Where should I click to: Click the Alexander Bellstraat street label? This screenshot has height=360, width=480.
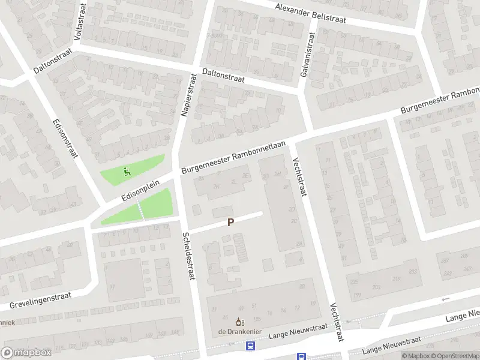(x=311, y=14)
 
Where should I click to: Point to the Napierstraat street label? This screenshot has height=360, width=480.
(x=188, y=95)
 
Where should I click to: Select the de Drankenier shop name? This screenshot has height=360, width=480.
(x=239, y=332)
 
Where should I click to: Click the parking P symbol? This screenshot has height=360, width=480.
(x=230, y=222)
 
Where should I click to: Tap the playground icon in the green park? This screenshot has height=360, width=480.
(x=126, y=172)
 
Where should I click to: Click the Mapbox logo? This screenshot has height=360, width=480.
(x=26, y=353)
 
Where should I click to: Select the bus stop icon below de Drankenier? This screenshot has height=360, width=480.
(x=250, y=346)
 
